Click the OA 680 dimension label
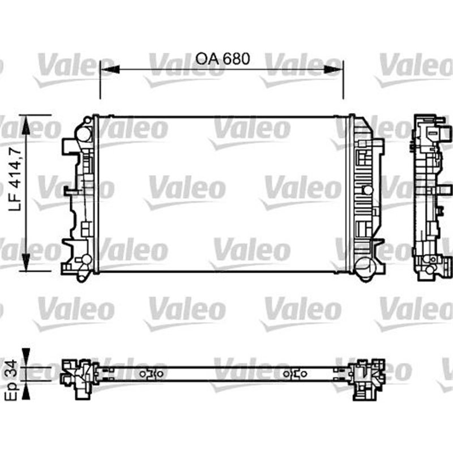coord(222,58)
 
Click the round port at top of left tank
coord(84,134)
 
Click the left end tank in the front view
coord(79,195)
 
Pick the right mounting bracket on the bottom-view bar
coord(296,373)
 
